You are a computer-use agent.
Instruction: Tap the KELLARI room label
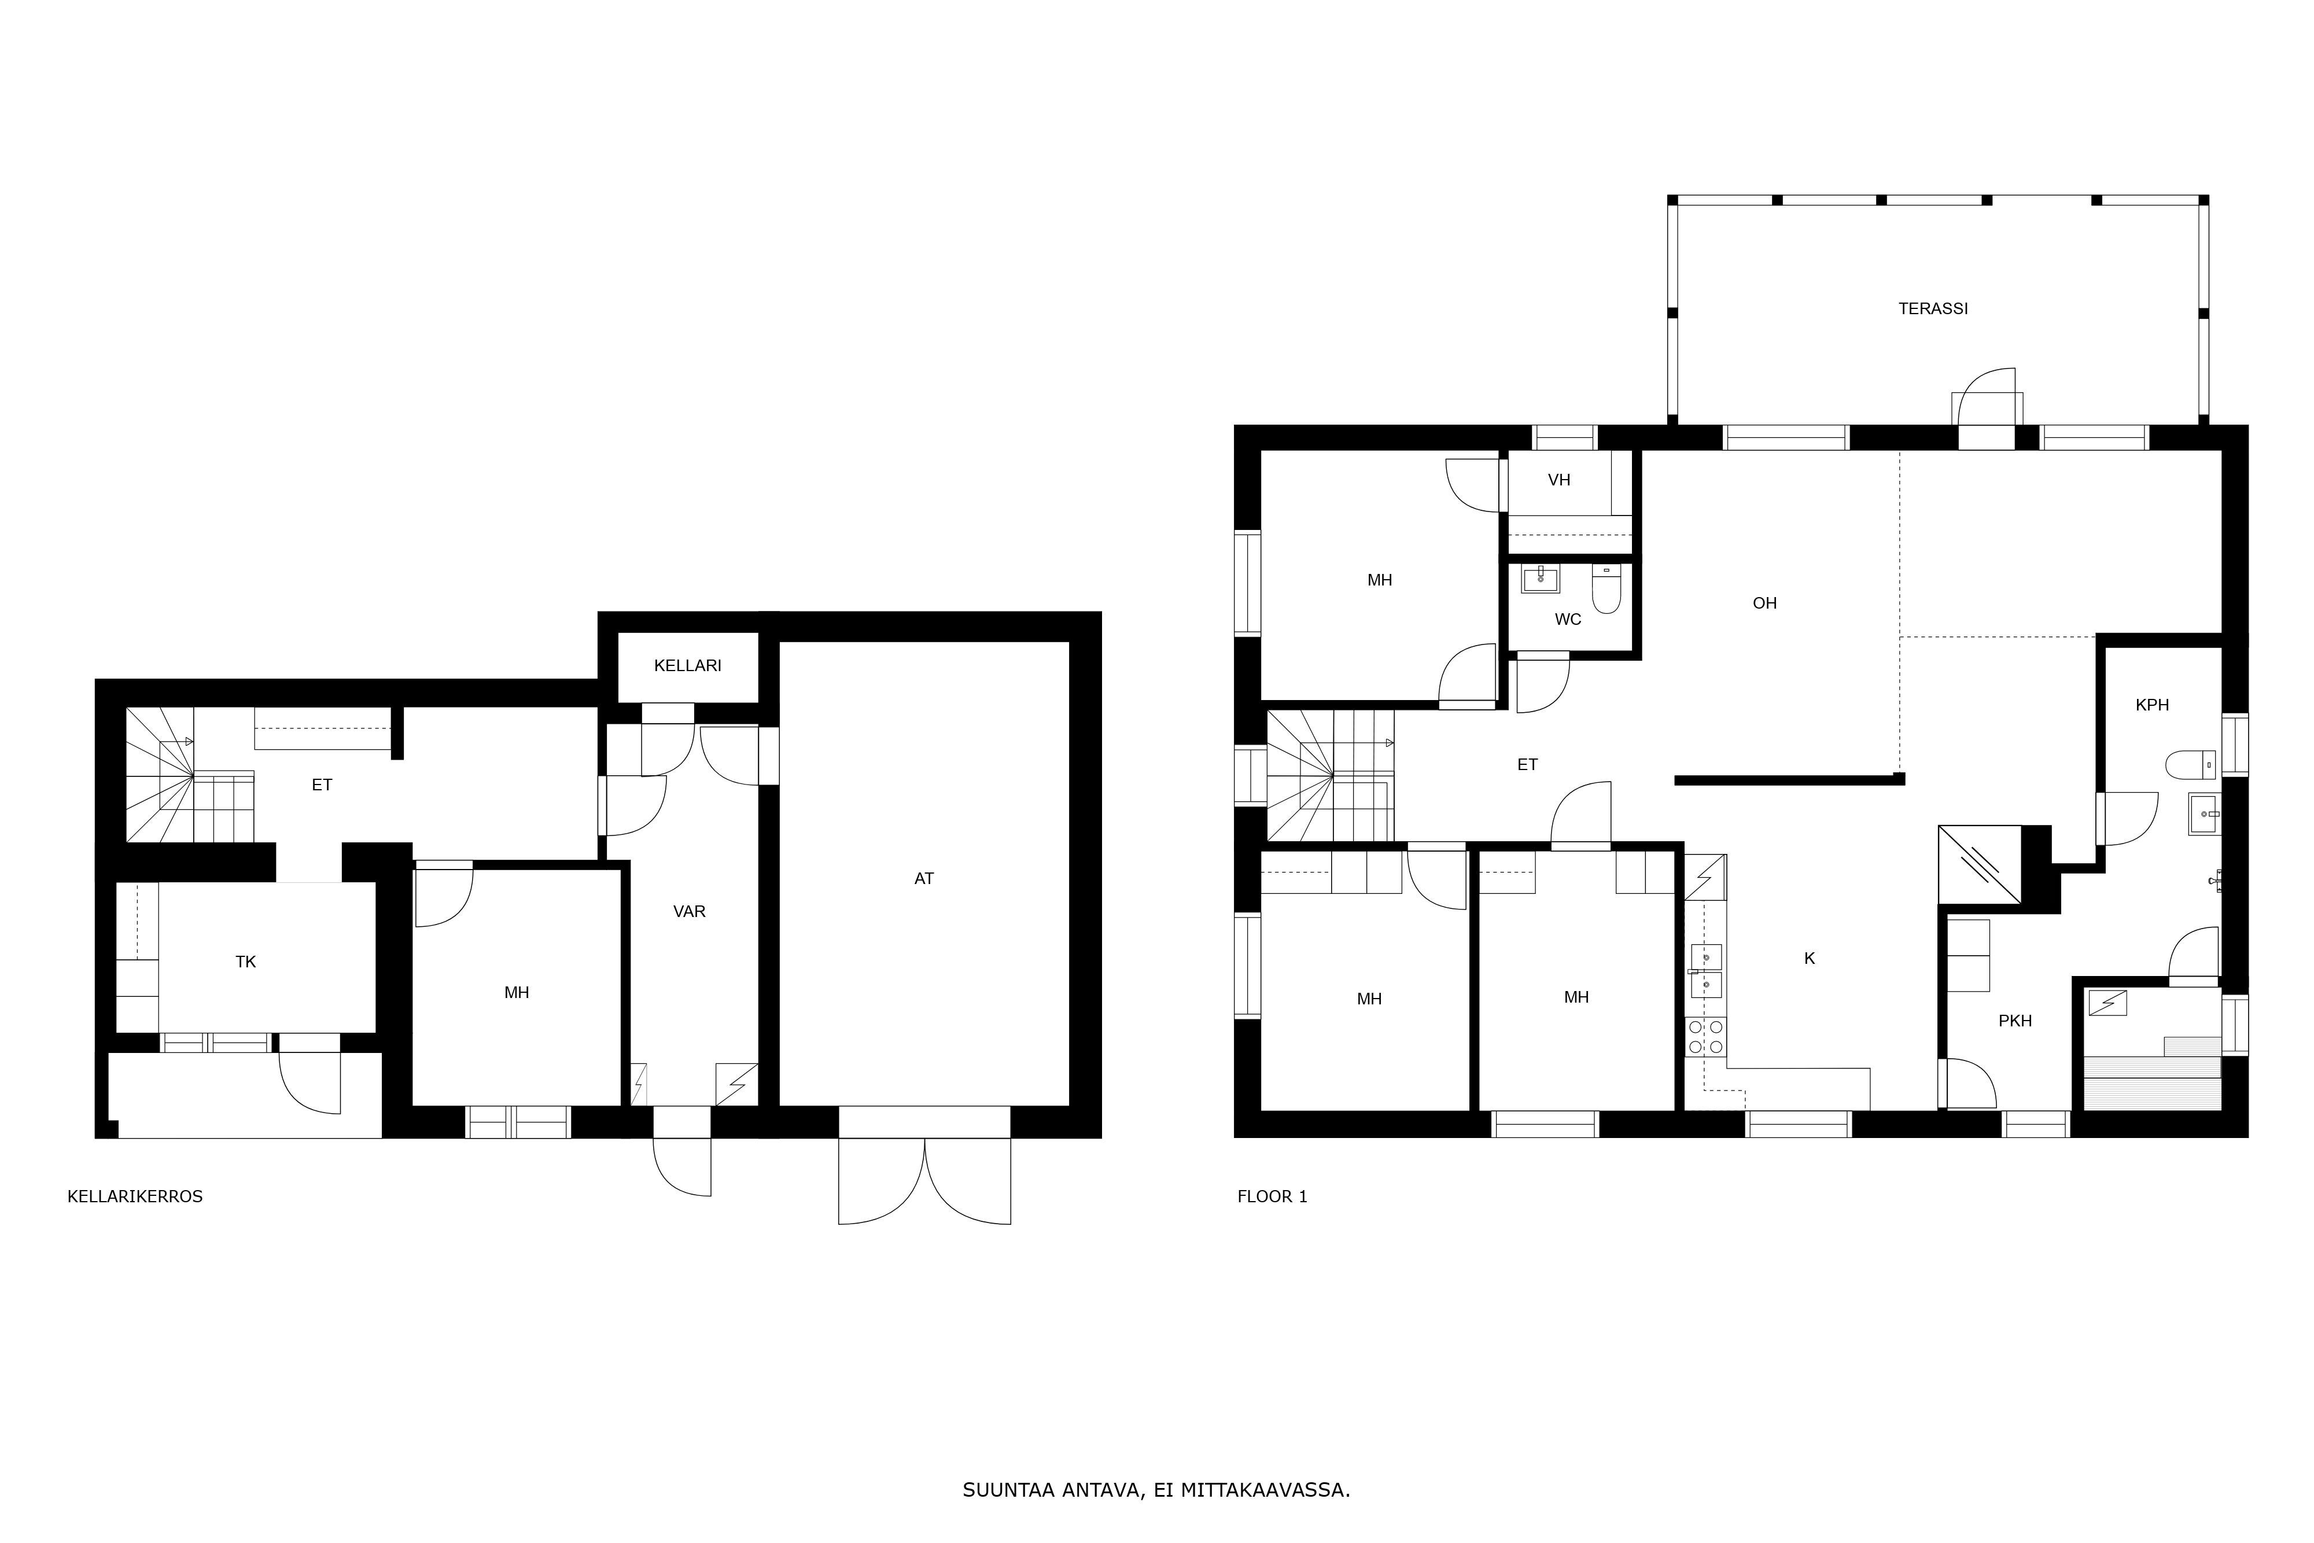(688, 665)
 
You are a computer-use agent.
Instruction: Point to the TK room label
(246, 962)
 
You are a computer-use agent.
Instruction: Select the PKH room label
(2015, 1021)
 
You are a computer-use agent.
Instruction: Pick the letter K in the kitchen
(1810, 958)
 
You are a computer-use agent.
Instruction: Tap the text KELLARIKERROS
(135, 1196)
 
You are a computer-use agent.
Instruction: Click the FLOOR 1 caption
(1272, 1196)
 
